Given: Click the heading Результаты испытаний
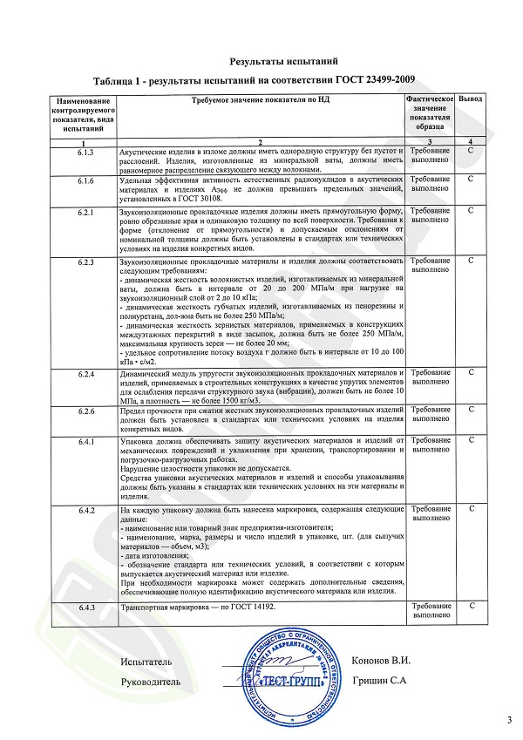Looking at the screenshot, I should [x=282, y=62].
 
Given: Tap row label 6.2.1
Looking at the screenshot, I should [x=85, y=212].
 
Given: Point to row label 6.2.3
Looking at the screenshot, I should [x=85, y=261].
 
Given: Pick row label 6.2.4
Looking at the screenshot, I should [x=85, y=374].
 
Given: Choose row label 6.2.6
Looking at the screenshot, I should [x=85, y=410].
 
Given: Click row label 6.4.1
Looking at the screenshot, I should [x=85, y=443].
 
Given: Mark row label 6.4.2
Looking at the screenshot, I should [x=85, y=509].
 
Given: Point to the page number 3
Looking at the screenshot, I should [x=509, y=719].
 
